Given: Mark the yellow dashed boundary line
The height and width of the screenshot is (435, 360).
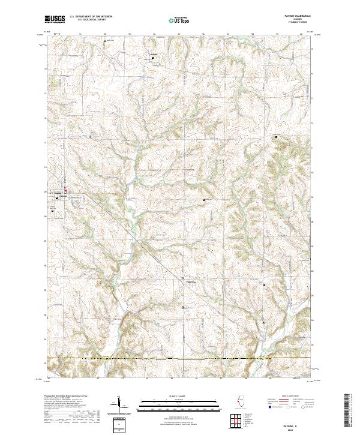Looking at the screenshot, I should tap(180, 359).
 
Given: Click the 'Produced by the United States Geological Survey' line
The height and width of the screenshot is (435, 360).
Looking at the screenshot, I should tap(68, 397).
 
